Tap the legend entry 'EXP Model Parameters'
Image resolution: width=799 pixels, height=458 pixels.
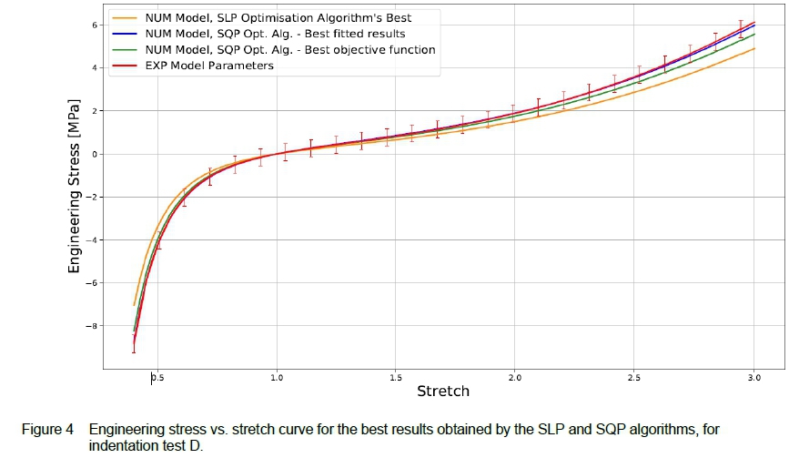(208, 66)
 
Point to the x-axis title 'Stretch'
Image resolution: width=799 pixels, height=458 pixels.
(443, 392)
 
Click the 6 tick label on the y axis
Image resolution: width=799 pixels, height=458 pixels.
(95, 25)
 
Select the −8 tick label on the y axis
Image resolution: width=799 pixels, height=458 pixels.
(91, 326)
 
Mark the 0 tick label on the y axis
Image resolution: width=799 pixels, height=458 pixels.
(95, 154)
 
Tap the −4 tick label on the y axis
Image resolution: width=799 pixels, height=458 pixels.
(91, 240)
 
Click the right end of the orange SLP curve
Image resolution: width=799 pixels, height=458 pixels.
(754, 48)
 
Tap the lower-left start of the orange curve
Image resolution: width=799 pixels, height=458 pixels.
(134, 305)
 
